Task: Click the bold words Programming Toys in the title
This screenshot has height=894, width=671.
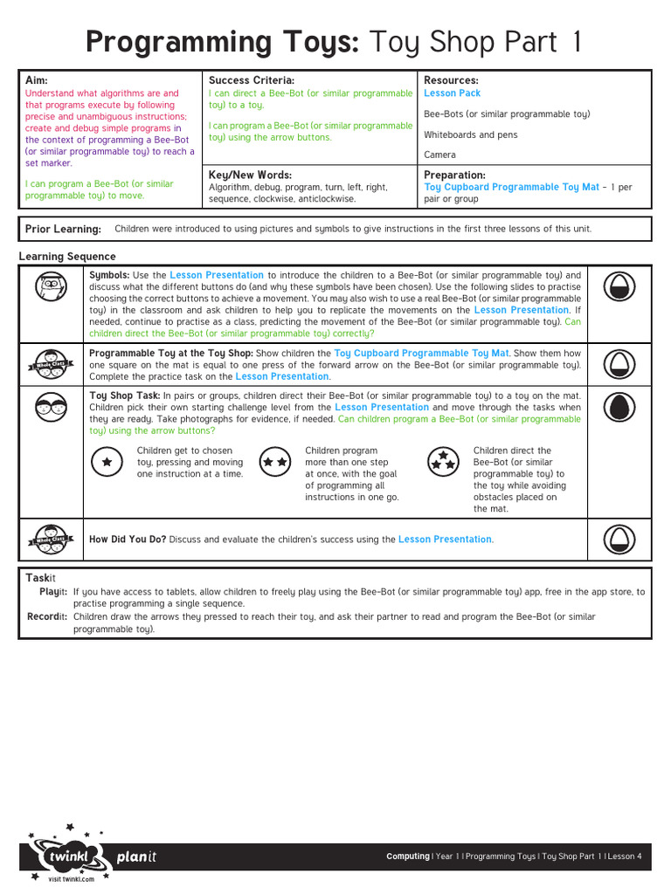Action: (222, 43)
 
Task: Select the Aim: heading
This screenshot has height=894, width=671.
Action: (38, 80)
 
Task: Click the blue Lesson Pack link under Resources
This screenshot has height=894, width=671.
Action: (452, 93)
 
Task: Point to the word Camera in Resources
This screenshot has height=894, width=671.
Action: (439, 155)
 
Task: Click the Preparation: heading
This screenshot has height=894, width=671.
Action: (454, 175)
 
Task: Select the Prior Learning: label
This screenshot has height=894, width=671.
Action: (63, 230)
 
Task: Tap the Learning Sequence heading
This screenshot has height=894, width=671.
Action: (67, 257)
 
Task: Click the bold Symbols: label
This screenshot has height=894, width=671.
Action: (109, 275)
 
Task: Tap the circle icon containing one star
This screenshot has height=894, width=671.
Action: (107, 462)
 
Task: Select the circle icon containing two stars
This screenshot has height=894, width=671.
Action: (275, 462)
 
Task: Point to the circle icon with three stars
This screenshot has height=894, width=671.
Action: (443, 462)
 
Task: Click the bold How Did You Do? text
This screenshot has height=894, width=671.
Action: (128, 540)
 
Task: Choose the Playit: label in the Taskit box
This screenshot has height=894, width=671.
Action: (53, 592)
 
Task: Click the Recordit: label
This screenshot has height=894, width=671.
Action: (48, 616)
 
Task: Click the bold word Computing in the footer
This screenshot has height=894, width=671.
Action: (407, 856)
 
